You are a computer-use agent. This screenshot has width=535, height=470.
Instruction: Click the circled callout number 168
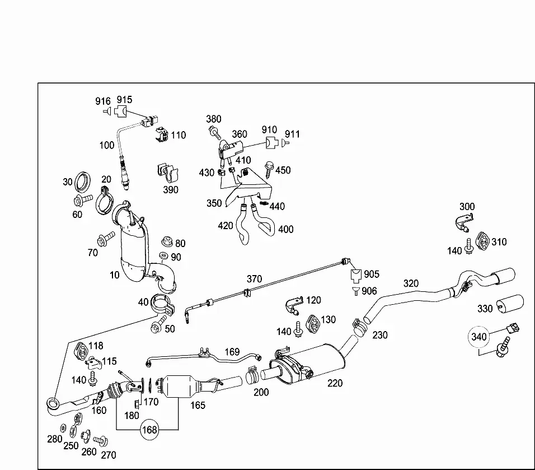[x=149, y=429]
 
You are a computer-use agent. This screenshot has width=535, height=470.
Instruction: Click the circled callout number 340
[x=478, y=337]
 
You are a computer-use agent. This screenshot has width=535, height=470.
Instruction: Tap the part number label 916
[x=103, y=101]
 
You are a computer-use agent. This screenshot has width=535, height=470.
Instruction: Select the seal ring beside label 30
[x=83, y=182]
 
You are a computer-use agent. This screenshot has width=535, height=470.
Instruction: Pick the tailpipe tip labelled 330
[x=510, y=303]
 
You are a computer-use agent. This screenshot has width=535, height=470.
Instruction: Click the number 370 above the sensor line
[x=254, y=279]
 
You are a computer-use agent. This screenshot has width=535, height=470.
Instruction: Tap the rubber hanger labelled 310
[x=483, y=241]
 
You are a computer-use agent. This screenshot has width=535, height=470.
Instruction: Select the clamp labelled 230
[x=359, y=327]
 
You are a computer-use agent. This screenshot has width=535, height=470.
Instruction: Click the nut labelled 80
[x=167, y=241]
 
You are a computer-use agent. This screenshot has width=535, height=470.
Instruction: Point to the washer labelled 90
[x=164, y=255]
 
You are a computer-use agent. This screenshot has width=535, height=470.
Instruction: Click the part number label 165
[x=198, y=405]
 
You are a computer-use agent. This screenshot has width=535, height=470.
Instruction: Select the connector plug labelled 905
[x=356, y=276]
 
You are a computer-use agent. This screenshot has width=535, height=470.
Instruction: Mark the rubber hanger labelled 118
[x=81, y=352]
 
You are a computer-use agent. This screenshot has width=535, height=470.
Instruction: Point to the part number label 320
[x=411, y=283]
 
